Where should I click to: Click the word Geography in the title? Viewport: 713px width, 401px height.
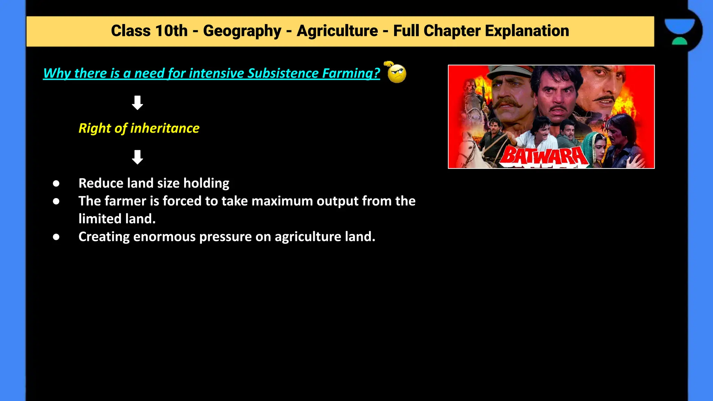tap(242, 31)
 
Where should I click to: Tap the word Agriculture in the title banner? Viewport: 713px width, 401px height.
tap(337, 31)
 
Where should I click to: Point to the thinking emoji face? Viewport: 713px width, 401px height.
tap(397, 73)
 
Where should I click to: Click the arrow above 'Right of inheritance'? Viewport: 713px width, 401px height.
tap(138, 103)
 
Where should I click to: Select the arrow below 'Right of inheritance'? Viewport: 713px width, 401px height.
tap(138, 157)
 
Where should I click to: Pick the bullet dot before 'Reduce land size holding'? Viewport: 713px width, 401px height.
tap(56, 183)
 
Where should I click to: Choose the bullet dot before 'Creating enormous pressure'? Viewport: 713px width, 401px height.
tap(56, 237)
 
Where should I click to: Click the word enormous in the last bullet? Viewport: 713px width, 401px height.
tap(164, 237)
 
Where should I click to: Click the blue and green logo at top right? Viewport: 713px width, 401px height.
tap(679, 31)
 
